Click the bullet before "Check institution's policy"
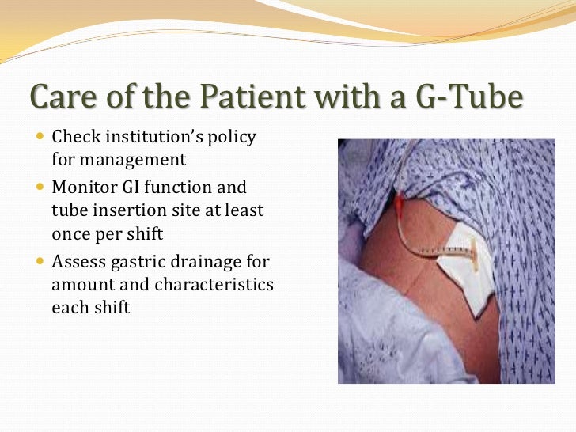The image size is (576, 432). pos(41,137)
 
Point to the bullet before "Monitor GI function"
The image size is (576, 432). pos(41,188)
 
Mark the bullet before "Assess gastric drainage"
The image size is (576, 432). pos(41,261)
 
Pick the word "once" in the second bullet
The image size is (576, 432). pos(70,233)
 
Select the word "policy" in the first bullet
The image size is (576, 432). pos(231,137)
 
